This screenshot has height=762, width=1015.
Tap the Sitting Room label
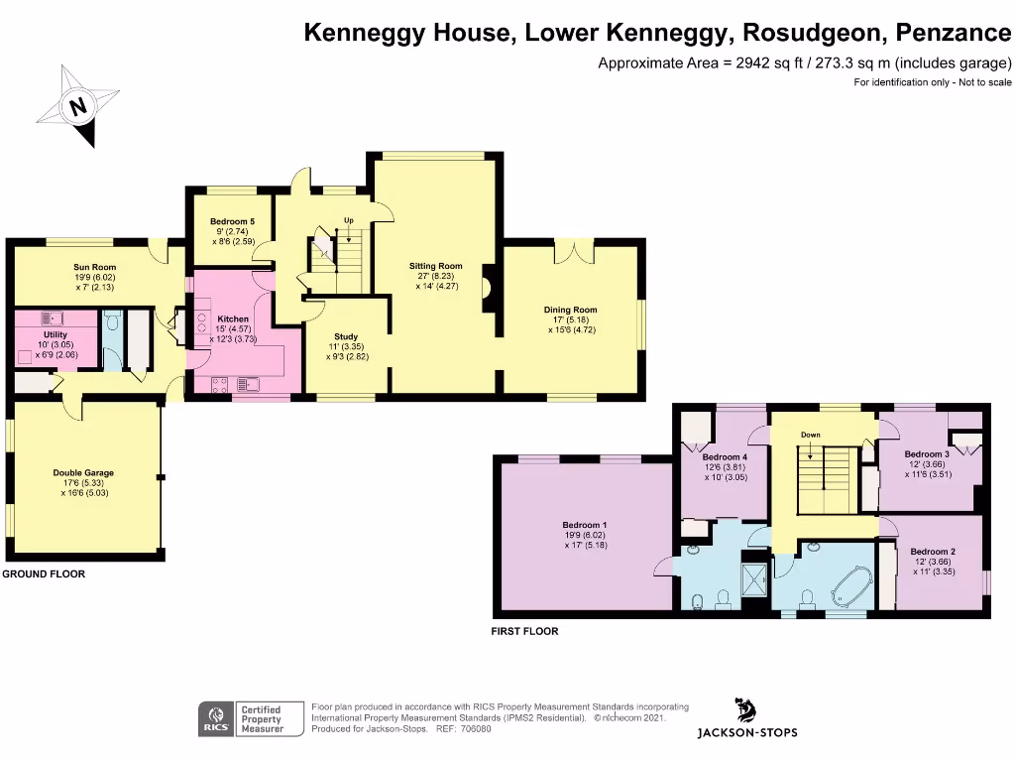436,266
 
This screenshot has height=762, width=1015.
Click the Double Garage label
82,473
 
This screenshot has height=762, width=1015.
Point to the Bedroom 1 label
584,525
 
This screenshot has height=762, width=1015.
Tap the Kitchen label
233,319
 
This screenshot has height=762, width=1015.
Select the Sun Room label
94,267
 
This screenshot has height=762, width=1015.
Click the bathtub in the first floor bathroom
848,588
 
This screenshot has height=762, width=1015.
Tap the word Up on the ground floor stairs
348,220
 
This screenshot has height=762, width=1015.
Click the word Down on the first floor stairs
810,435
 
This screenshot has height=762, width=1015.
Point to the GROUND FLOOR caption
43,574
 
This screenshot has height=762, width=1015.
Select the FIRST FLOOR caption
525,631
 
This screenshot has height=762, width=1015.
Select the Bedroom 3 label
927,454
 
